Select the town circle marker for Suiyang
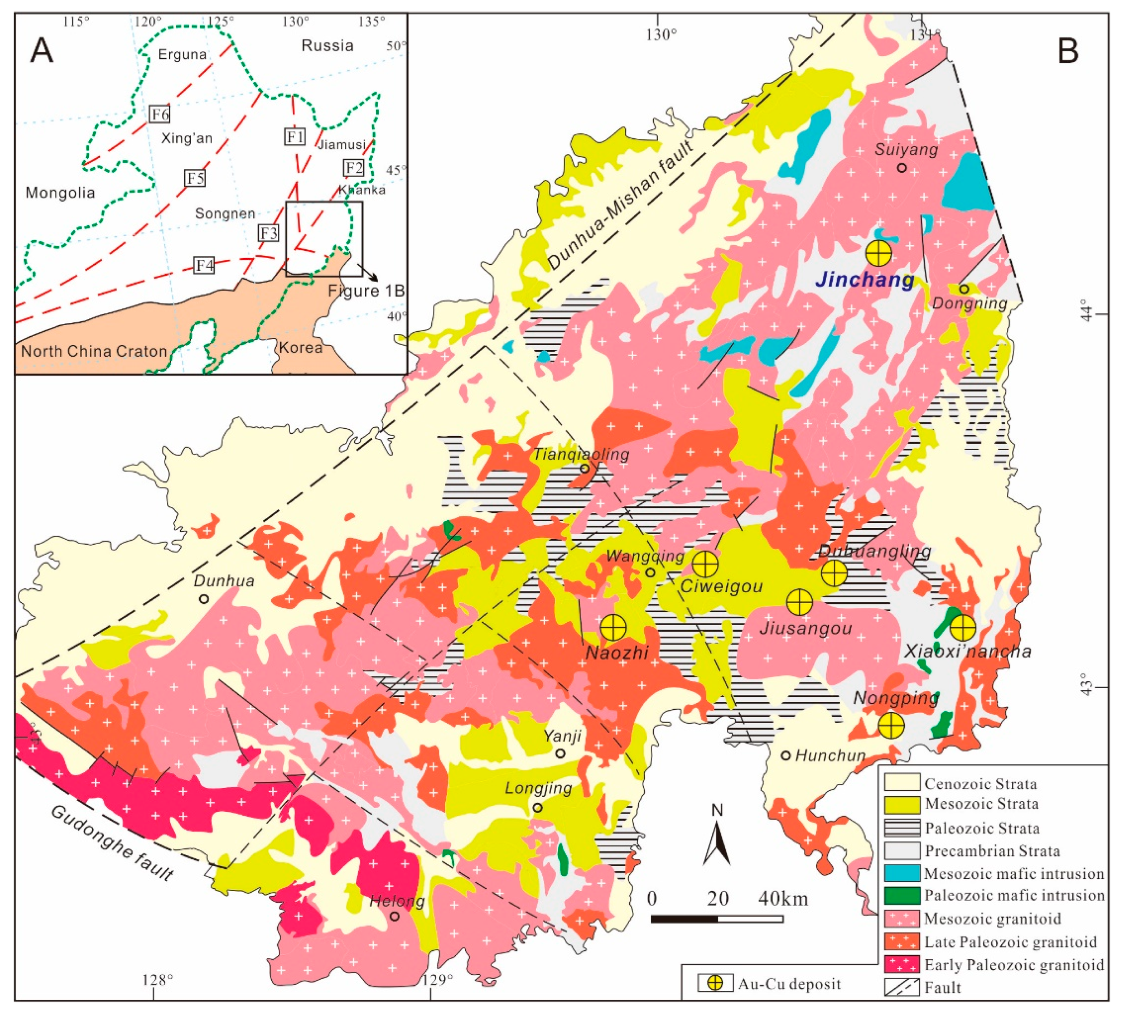click(902, 168)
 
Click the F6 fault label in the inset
click(160, 114)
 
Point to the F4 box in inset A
click(204, 265)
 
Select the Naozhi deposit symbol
click(613, 627)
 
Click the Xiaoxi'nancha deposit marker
click(963, 627)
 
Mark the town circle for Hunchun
click(785, 756)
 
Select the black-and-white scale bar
click(716, 918)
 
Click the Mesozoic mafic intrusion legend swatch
click(902, 873)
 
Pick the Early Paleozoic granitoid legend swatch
click(902, 965)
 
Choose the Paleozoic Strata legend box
click(902, 828)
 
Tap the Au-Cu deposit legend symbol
click(715, 983)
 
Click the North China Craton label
click(94, 351)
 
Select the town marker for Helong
click(394, 916)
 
